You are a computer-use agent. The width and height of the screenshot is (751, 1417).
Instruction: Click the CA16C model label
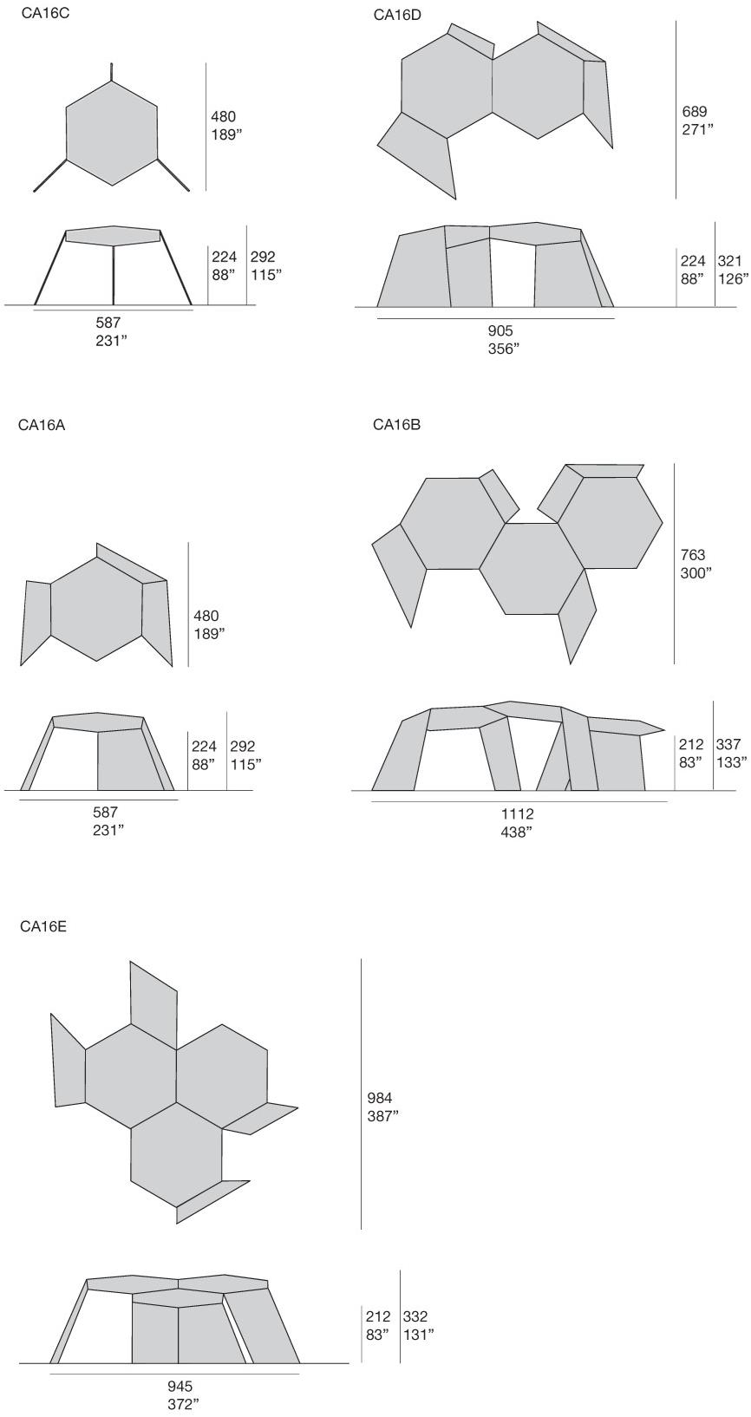[x=45, y=13]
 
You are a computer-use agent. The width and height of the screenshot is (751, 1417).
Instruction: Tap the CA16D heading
[x=396, y=16]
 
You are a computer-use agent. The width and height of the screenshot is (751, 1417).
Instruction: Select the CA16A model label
[x=42, y=424]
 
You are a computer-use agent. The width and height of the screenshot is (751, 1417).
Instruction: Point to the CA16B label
[x=396, y=424]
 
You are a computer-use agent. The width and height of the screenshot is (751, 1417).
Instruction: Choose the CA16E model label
[x=43, y=927]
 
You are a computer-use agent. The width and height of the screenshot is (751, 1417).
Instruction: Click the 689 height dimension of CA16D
[x=694, y=111]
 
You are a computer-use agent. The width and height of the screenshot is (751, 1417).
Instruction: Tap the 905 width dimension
[x=500, y=330]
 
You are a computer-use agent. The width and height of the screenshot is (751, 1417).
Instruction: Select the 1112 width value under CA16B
[x=518, y=813]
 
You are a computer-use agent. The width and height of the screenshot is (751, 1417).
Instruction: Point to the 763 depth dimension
[x=692, y=555]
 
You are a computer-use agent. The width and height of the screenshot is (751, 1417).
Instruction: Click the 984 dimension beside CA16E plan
[x=380, y=1098]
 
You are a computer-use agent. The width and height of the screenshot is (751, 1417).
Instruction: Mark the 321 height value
[x=729, y=261]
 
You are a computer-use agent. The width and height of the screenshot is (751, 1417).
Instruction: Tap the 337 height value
[x=728, y=745]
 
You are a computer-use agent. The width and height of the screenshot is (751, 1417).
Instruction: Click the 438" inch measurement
[x=517, y=832]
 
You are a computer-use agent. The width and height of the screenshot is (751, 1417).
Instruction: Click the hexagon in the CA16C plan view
[x=112, y=133]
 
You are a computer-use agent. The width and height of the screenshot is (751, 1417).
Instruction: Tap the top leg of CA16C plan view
[x=112, y=72]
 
